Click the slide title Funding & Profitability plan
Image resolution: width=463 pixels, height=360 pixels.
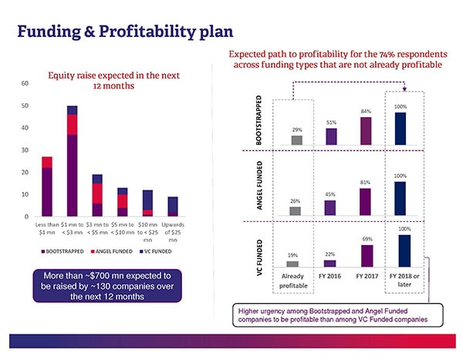[x=124, y=32]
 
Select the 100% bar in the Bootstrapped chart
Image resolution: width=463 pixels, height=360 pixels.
[x=400, y=129]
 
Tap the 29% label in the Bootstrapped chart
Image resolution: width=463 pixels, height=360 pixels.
[x=296, y=129]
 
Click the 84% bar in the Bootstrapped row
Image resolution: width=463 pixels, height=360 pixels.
[x=366, y=131]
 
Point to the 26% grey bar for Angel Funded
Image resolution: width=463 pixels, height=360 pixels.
[x=295, y=210]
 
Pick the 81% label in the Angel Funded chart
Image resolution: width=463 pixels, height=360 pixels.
[x=365, y=182]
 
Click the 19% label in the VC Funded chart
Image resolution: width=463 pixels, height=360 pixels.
[x=293, y=255]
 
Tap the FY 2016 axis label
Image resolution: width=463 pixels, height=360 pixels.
[x=330, y=275]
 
